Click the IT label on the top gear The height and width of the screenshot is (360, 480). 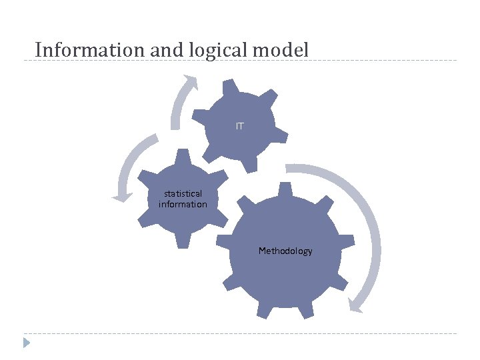(x=239, y=126)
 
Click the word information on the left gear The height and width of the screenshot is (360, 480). (x=183, y=205)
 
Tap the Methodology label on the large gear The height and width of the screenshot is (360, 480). (x=285, y=251)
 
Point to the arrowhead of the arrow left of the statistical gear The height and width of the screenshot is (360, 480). (x=121, y=197)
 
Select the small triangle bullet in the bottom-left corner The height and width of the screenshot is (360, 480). (x=27, y=343)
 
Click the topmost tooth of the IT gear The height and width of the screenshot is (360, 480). (x=230, y=86)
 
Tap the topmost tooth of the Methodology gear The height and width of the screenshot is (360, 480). (x=285, y=189)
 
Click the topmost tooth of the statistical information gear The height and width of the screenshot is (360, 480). (x=181, y=157)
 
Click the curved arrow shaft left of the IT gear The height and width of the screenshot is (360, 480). (x=176, y=107)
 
